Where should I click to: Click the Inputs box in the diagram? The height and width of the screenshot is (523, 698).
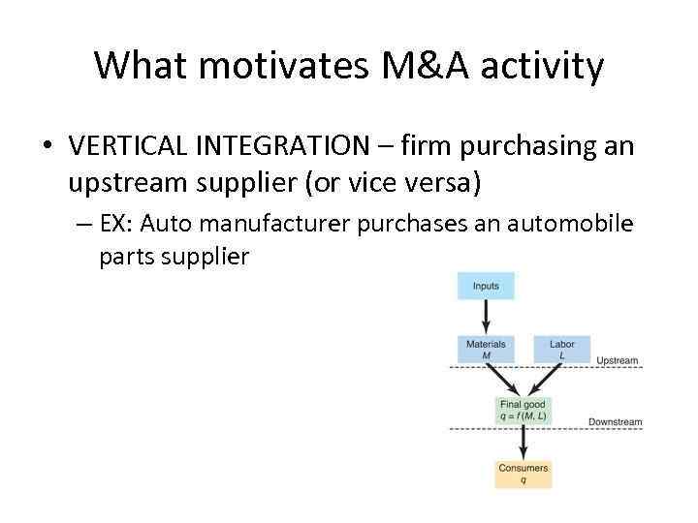click(486, 286)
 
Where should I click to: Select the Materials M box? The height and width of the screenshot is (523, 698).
click(486, 349)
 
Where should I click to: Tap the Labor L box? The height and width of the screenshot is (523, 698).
click(561, 349)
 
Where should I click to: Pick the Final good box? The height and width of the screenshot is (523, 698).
click(523, 410)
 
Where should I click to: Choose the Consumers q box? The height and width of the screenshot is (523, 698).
click(523, 473)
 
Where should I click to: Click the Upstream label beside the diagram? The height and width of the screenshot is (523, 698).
click(618, 361)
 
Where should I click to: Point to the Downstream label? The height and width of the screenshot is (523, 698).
click(615, 422)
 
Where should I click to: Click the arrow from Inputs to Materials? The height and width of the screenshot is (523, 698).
click(486, 317)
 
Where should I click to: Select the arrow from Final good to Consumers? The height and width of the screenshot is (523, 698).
click(523, 441)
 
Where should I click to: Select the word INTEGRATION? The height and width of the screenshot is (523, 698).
click(279, 147)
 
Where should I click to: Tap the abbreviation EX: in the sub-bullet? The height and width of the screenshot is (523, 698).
click(119, 225)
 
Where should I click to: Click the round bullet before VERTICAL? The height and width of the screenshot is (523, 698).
click(47, 148)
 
